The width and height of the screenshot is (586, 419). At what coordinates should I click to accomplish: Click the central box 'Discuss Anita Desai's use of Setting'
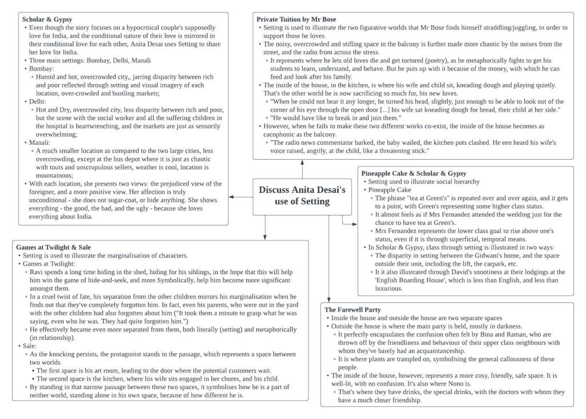pos(302,196)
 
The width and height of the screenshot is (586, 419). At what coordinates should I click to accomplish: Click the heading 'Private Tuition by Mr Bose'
pos(296,19)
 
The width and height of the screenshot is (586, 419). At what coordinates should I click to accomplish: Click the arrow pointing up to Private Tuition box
pos(302,162)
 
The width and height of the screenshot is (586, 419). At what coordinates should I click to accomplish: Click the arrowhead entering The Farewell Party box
pos(330,298)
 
